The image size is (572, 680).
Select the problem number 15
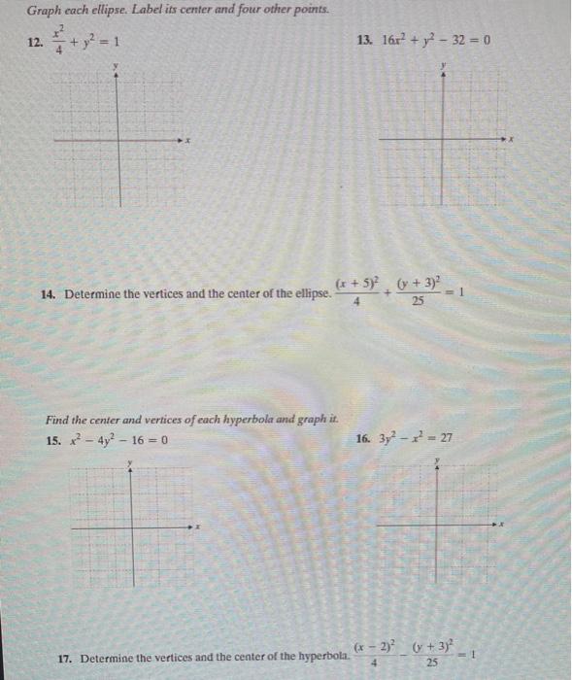(x=53, y=439)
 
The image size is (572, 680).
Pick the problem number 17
(x=66, y=658)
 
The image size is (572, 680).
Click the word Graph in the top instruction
(x=41, y=10)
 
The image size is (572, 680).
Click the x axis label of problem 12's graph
(x=188, y=141)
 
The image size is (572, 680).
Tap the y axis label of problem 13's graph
(x=444, y=65)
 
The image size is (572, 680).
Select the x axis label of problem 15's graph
(x=197, y=527)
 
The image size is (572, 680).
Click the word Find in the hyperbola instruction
(x=57, y=421)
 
